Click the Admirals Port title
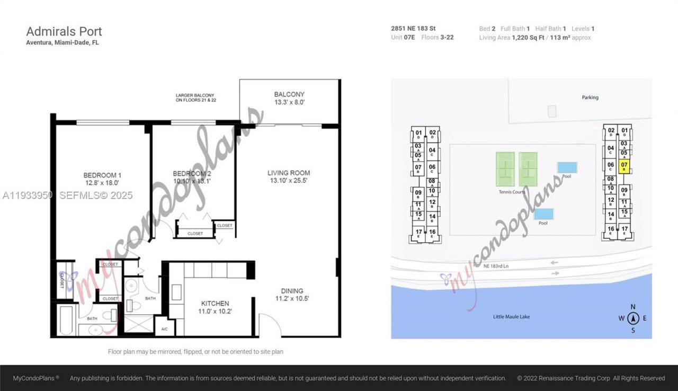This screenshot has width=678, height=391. [x=64, y=32]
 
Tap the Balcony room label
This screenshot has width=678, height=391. [x=289, y=99]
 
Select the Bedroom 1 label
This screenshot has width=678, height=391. [x=102, y=179]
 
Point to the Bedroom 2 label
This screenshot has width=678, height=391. [x=192, y=177]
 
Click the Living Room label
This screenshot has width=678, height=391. [x=288, y=176]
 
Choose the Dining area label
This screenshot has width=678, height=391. [x=292, y=295]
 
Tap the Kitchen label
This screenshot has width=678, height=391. [x=214, y=307]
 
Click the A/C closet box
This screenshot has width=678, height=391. [x=164, y=330]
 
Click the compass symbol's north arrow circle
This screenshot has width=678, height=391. [x=633, y=318]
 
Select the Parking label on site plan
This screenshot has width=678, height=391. [x=590, y=97]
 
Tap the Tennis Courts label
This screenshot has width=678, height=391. [x=512, y=192]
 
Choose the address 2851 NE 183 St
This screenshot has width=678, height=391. [x=413, y=29]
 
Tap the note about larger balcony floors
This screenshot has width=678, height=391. [x=196, y=97]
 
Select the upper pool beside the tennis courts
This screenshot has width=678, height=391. [x=567, y=168]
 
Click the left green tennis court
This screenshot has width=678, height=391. [x=505, y=169]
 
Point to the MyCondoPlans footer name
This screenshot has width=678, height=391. [x=36, y=378]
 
